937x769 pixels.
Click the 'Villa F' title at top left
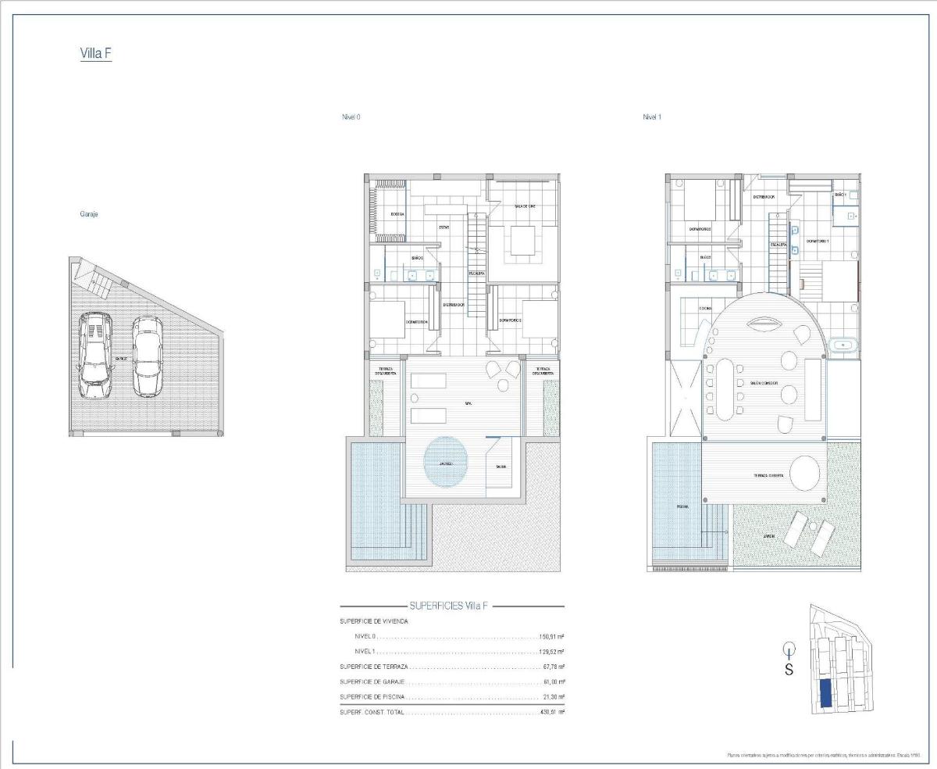pyautogui.click(x=96, y=53)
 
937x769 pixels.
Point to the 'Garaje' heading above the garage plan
pyautogui.click(x=88, y=213)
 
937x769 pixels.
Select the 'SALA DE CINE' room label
pyautogui.click(x=524, y=206)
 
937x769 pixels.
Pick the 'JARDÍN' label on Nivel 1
pyautogui.click(x=770, y=537)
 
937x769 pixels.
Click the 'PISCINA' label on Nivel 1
pyautogui.click(x=682, y=506)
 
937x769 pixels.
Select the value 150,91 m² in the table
pyautogui.click(x=551, y=637)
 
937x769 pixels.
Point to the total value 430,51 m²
pyautogui.click(x=551, y=712)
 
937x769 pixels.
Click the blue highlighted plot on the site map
pyautogui.click(x=826, y=693)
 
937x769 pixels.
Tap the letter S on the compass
pyautogui.click(x=789, y=670)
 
